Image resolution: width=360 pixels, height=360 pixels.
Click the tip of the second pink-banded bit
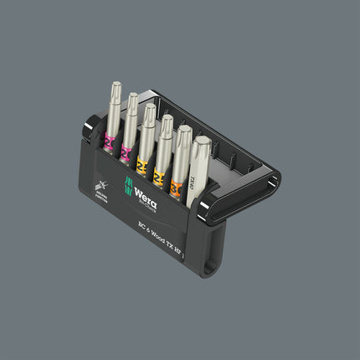(132, 99)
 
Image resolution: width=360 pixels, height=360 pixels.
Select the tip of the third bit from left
(149, 109)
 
